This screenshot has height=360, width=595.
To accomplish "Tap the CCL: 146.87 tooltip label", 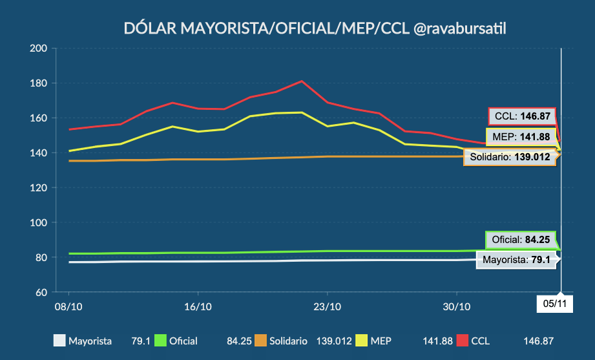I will coord(522,116).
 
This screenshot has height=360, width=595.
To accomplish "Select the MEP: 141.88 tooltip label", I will coord(523,136).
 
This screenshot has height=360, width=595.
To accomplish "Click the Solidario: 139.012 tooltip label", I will coord(510,156).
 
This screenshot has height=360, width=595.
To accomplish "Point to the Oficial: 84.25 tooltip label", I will coord(521,240).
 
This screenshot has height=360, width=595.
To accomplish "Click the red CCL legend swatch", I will coord(463,341).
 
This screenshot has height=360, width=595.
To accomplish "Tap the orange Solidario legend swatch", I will coord(261,341).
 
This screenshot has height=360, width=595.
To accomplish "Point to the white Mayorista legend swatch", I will coord(59,341).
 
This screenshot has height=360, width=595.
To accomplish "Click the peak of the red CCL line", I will coord(302,81).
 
